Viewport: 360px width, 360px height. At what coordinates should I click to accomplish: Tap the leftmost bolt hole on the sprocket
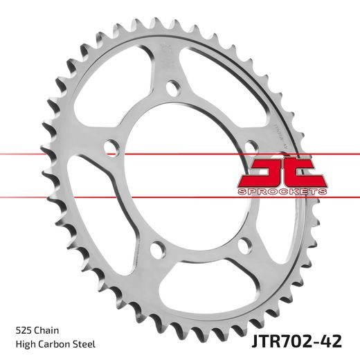109,146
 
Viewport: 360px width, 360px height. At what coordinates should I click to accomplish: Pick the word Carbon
53,344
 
